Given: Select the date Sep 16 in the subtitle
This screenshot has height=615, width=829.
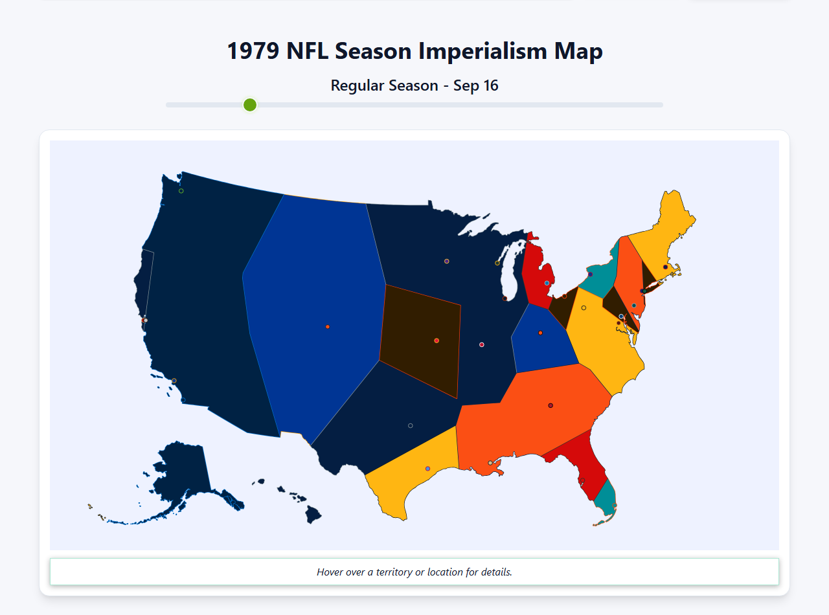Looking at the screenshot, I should [476, 85].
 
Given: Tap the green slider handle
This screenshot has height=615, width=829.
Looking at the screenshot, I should [250, 105].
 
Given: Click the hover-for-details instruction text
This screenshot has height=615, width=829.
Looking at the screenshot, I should [414, 572].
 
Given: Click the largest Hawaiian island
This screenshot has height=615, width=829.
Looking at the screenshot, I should [313, 515].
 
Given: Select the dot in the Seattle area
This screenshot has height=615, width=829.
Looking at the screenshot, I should [181, 191].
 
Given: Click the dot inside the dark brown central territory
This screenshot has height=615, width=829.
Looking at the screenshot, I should [437, 341].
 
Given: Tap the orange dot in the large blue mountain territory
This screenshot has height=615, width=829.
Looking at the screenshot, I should [328, 327].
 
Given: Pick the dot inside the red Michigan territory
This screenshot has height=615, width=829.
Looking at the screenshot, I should [547, 283].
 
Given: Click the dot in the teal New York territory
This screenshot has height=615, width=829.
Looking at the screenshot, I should [590, 274].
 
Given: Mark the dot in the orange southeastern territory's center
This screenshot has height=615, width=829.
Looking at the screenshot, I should [551, 405].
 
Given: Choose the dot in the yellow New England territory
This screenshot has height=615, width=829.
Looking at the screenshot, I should [665, 267].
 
